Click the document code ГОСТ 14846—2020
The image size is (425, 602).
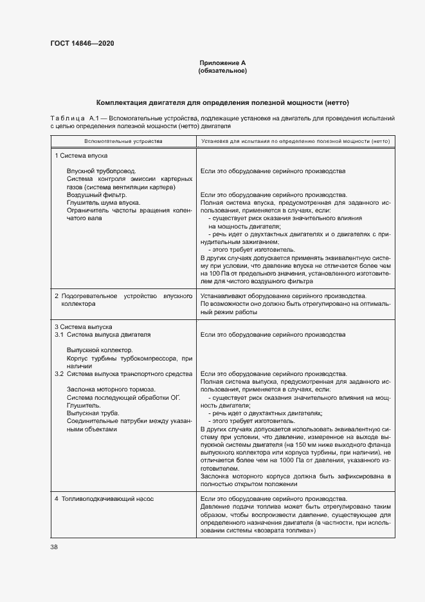tap(83, 44)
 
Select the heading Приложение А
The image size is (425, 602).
tap(222, 63)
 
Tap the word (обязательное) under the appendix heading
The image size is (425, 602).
tap(222, 71)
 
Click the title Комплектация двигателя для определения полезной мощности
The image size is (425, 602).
tap(222, 103)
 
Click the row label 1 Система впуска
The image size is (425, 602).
tap(81, 156)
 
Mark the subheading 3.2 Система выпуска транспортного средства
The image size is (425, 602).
tap(123, 373)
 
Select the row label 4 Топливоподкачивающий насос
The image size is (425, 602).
tap(104, 499)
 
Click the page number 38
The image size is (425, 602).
tap(54, 547)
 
